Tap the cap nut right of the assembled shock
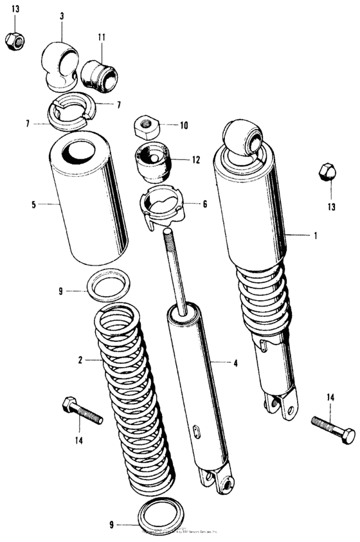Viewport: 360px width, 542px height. coord(327,173)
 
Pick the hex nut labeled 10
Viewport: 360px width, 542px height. coord(146,124)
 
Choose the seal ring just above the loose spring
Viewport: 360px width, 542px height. coord(109,284)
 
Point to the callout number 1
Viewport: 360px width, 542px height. coord(316,236)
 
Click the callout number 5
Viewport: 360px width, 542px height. coord(32,206)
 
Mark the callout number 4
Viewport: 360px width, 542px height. coord(236,363)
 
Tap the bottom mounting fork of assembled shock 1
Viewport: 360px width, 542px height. coord(281,404)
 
